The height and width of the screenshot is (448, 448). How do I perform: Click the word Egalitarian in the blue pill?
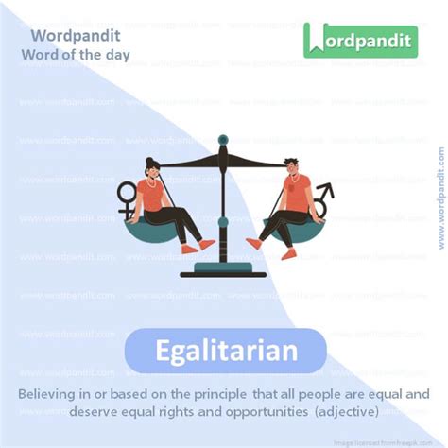(225, 352)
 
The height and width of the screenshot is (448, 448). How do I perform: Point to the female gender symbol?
(126, 197)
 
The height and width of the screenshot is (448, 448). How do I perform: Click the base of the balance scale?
(223, 270)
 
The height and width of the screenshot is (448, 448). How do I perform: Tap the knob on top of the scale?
(223, 140)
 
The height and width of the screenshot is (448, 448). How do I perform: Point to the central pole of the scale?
(223, 208)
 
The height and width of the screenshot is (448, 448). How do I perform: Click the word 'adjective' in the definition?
(347, 413)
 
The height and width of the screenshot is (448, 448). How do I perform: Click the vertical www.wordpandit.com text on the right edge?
(439, 198)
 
